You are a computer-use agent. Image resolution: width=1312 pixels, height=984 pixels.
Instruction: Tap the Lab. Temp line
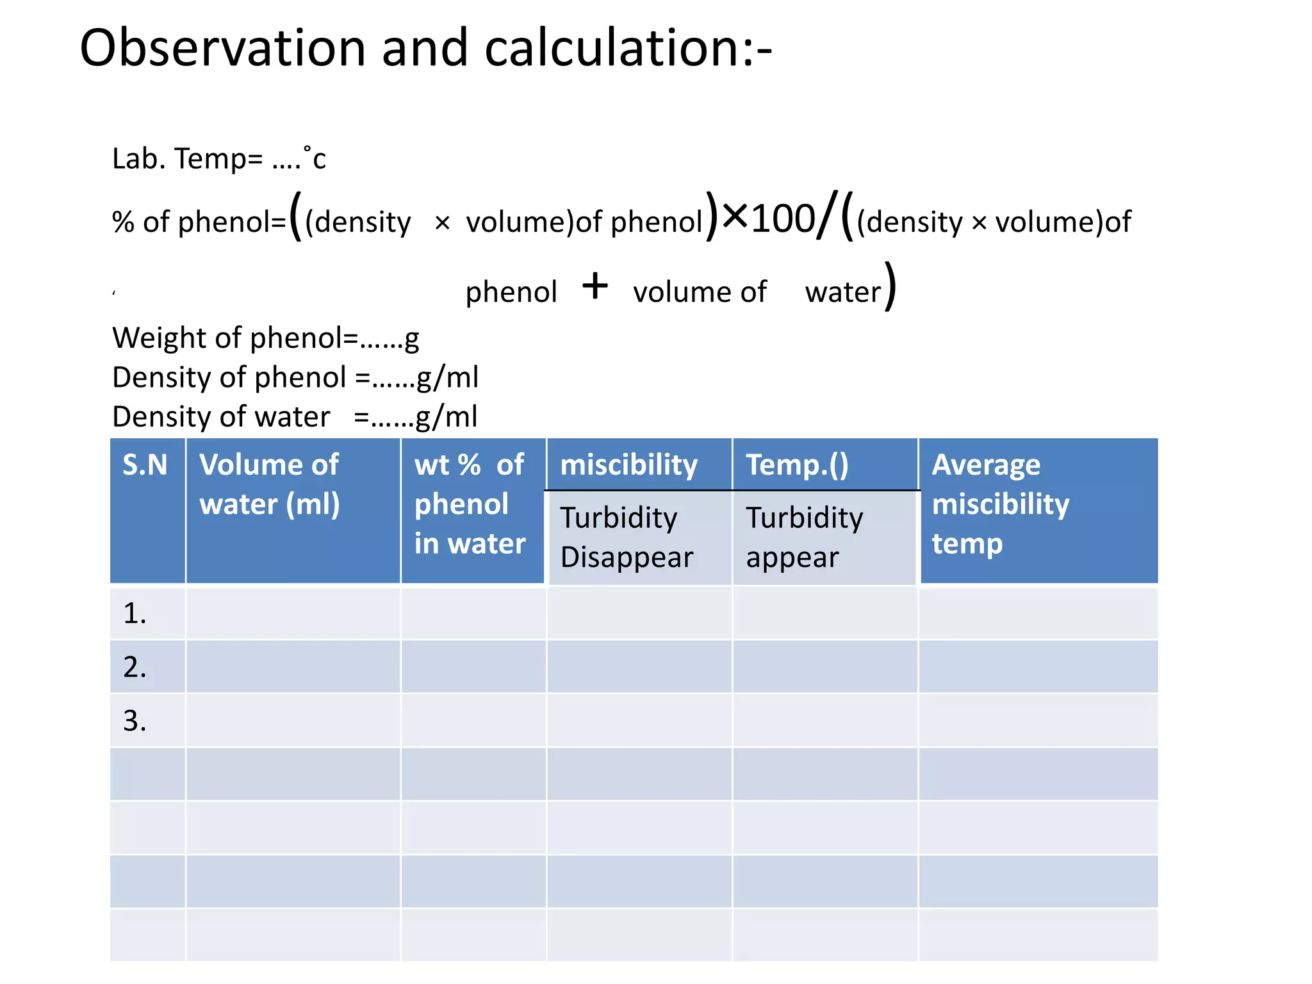(x=218, y=159)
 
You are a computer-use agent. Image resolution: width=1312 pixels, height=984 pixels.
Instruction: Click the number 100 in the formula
(x=782, y=219)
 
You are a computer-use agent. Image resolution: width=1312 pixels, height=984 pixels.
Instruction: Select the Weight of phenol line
(x=265, y=338)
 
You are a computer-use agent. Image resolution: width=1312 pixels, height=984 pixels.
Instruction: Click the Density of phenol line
(x=295, y=377)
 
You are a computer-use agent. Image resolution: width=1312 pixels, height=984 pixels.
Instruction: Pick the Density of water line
(x=295, y=417)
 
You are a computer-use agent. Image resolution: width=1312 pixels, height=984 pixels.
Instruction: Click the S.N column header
(x=145, y=465)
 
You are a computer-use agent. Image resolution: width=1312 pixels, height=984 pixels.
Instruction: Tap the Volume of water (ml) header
(x=270, y=484)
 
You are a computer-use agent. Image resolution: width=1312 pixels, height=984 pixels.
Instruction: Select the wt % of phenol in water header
(x=470, y=504)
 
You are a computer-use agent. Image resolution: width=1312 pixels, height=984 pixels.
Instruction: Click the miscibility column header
(x=628, y=465)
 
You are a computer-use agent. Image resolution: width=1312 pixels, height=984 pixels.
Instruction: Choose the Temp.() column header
(x=797, y=465)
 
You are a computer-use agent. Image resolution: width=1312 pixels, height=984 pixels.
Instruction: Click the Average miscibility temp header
(x=1000, y=504)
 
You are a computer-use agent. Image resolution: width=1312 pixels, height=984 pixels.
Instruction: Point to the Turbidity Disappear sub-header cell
(x=627, y=537)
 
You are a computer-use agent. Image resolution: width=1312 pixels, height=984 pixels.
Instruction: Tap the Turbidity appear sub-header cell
(x=804, y=537)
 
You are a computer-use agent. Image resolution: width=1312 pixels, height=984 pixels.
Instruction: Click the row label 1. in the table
(x=135, y=614)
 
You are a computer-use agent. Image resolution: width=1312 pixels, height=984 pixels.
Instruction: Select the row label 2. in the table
(x=135, y=668)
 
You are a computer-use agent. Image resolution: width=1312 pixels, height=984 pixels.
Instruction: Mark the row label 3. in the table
(x=135, y=721)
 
